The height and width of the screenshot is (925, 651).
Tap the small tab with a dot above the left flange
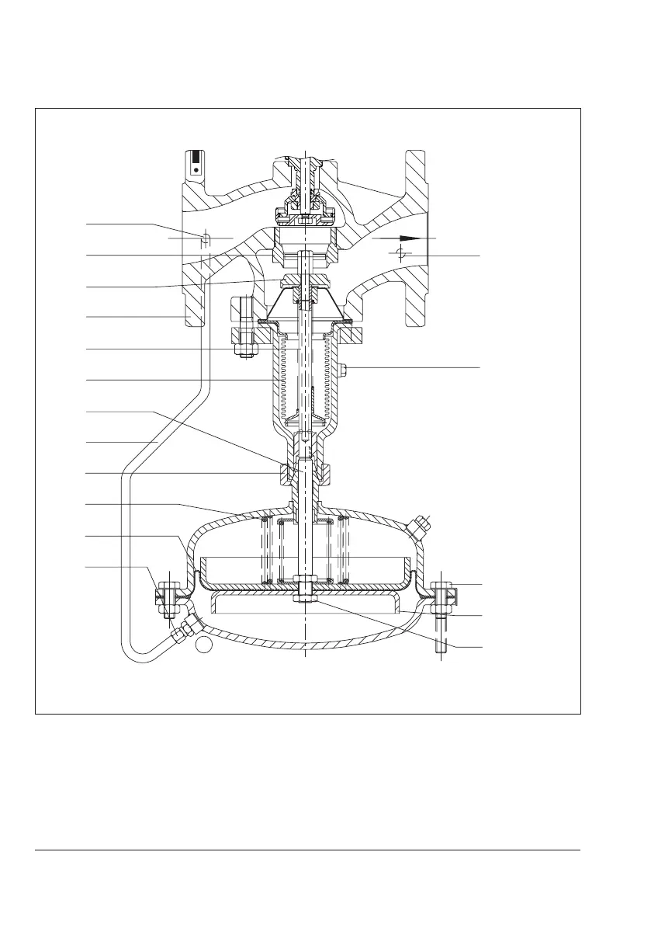click(x=195, y=162)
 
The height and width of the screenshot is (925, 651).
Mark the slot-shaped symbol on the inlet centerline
click(x=206, y=238)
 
